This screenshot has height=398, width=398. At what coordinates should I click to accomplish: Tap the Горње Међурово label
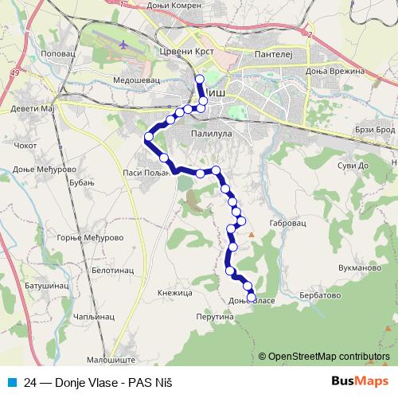pos(88,237)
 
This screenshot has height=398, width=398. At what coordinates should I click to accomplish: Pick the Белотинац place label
pos(111,271)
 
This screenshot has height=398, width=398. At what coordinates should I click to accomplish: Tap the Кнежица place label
pos(175,293)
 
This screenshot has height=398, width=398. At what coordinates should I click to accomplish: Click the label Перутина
pos(214,316)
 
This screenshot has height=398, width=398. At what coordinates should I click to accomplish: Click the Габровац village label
pos(287,224)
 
